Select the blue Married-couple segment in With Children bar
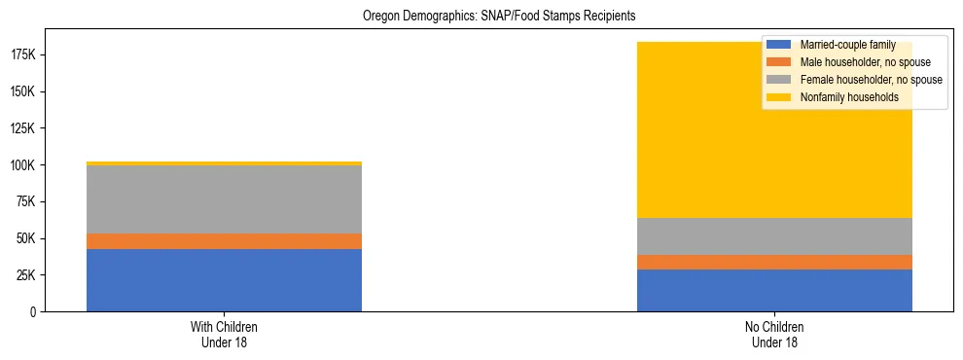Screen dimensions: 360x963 pos(224,280)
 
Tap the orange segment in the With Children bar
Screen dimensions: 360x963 pos(224,241)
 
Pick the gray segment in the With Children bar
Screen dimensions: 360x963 pos(224,199)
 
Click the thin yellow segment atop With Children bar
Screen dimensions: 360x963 pos(224,163)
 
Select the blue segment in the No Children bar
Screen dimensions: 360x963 pos(774,290)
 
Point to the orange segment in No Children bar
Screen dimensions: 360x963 pos(774,262)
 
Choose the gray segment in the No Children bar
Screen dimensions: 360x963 pos(774,236)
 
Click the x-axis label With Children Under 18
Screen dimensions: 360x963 pos(224,335)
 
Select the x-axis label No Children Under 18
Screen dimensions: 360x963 pos(774,335)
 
